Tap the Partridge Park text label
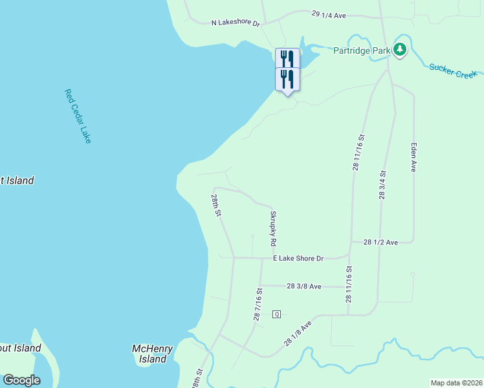pos(362,50)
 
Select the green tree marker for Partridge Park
pos(400,49)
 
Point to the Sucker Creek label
pos(453,70)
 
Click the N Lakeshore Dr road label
pos(236,23)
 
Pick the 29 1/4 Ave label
pos(330,13)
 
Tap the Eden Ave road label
pos(413,157)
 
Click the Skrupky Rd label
pos(274,228)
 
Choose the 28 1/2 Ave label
pos(380,242)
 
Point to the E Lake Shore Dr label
pos(298,259)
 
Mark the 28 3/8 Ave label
pos(304,286)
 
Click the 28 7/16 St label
pos(258,305)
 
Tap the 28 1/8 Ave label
pos(298,334)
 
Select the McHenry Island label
pos(153,354)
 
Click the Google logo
pos(21,380)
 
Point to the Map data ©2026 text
pos(456,383)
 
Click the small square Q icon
pos(276,314)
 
